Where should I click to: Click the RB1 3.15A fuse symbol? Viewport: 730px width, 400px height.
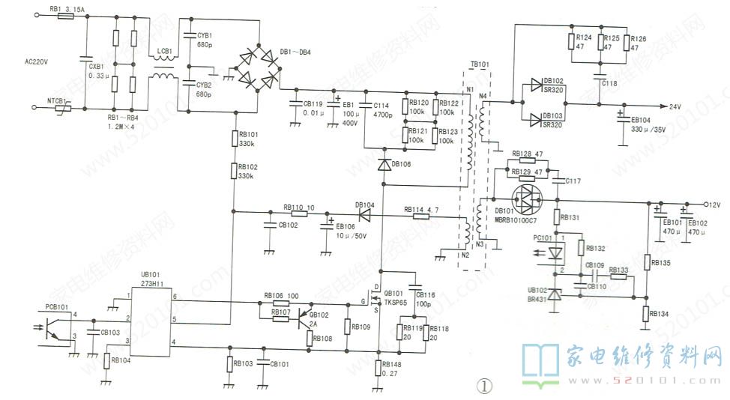pos(65,16)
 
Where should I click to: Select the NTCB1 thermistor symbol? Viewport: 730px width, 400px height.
pos(64,108)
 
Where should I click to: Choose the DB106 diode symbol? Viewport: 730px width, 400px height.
pos(384,164)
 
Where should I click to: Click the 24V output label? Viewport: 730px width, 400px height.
pos(675,106)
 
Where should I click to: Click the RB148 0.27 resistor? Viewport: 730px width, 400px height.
pos(380,368)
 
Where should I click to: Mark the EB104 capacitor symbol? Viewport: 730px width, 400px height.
pos(621,120)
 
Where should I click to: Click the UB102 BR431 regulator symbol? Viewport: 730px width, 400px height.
pos(555,297)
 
